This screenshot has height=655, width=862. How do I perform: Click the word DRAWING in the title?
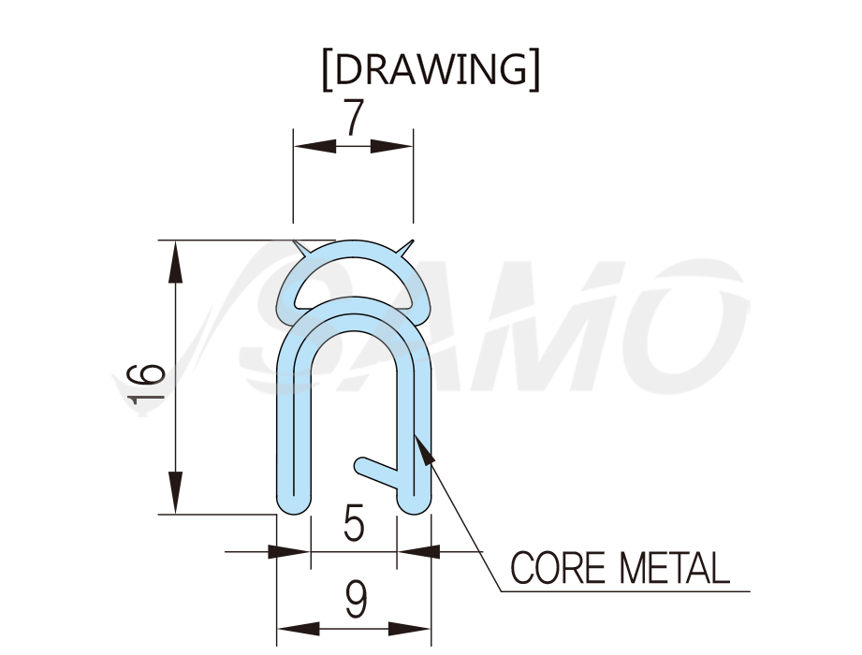tap(431, 69)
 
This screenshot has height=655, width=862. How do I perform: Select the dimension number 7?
tap(354, 117)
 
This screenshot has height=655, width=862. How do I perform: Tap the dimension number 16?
tap(146, 384)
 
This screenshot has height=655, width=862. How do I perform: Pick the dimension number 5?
tap(354, 523)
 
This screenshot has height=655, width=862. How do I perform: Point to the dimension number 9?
tap(355, 600)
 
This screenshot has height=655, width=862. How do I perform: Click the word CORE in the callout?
tap(558, 567)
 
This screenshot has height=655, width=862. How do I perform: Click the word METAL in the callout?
tap(675, 567)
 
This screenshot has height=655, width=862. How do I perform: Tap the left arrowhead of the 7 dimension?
tap(314, 146)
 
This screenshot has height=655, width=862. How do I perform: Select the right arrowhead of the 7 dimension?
tap(391, 146)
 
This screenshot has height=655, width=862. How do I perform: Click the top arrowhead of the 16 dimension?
tap(175, 262)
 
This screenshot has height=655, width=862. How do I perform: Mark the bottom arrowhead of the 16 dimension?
tap(175, 492)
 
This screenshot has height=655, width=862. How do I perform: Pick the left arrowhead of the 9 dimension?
tap(298, 629)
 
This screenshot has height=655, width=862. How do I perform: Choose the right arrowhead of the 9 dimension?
tap(410, 629)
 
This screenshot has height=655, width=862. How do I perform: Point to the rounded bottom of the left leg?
tap(295, 502)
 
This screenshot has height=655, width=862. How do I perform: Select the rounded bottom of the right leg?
tap(414, 502)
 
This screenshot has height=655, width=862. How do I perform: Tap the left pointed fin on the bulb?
tap(301, 248)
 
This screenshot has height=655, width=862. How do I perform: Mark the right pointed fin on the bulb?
tap(404, 248)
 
